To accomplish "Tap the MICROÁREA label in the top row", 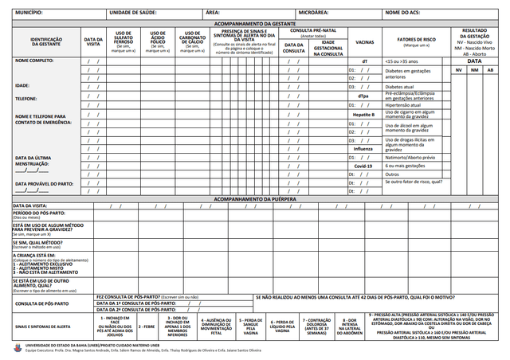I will point(313,14).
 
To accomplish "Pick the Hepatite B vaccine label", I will point(363,115).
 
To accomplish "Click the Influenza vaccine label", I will point(363,149).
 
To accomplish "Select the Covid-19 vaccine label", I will point(363,166).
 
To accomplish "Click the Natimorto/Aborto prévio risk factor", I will point(410,157).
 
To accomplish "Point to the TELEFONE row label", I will point(28,99).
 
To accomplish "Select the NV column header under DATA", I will point(458,70).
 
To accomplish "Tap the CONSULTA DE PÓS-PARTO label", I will point(42,303).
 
